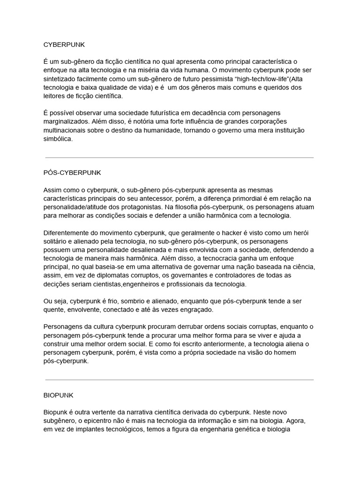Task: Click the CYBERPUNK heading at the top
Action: point(64,45)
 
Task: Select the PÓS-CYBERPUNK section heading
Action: point(72,172)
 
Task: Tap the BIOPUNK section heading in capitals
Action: point(58,395)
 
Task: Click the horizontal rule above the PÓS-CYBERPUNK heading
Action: point(179,157)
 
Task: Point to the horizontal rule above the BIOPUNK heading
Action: point(179,380)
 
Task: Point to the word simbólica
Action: point(58,139)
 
